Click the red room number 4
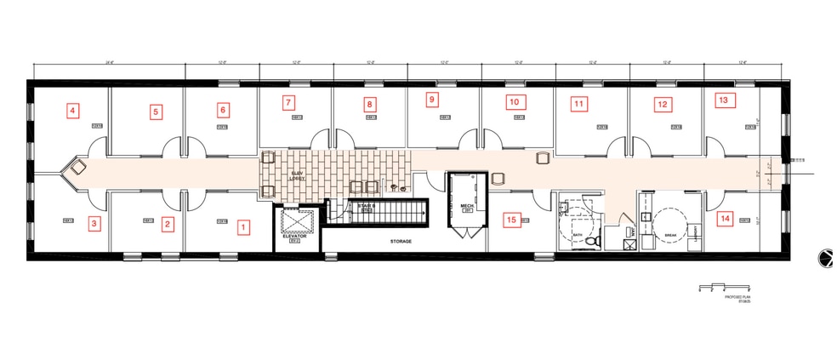click(x=73, y=110)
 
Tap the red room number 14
click(x=725, y=219)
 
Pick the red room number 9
click(x=432, y=100)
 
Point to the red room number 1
click(x=244, y=227)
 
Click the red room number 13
click(x=723, y=100)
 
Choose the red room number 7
click(x=288, y=103)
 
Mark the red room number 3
click(x=95, y=224)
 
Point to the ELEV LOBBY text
click(x=298, y=174)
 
